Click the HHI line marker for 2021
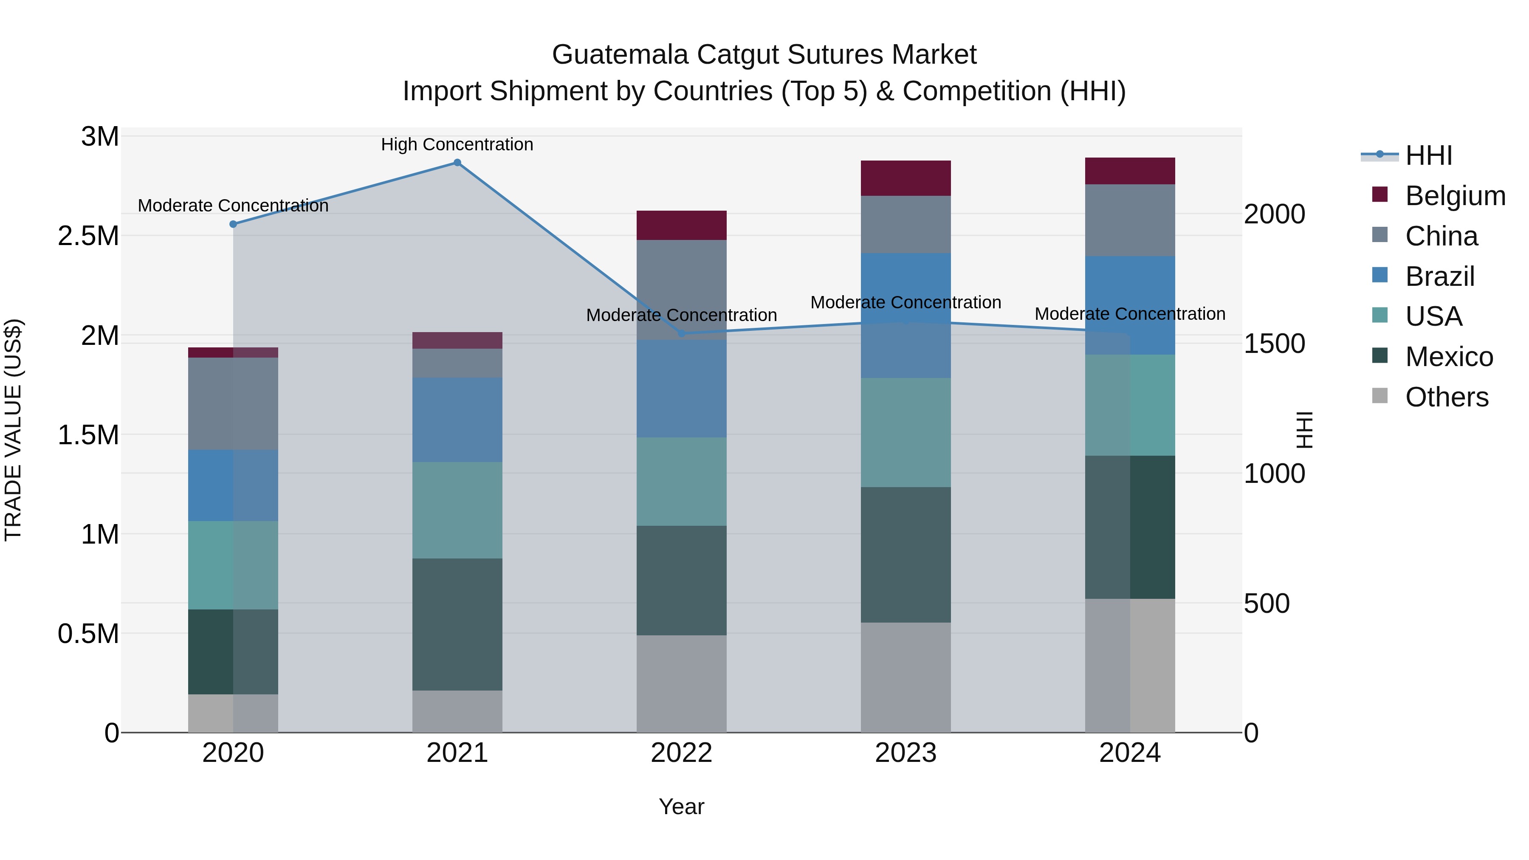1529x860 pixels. (x=457, y=163)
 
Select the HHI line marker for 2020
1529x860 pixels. (x=233, y=224)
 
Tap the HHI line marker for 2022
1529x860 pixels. (x=681, y=333)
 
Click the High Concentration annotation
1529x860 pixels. (x=457, y=145)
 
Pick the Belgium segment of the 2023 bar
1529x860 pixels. (x=906, y=178)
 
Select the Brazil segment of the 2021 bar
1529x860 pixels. (x=457, y=420)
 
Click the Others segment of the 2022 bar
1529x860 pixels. (x=681, y=684)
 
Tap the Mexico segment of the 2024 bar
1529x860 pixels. (x=1130, y=527)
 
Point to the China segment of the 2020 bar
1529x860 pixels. (x=233, y=403)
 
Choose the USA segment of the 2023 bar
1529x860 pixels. (x=906, y=433)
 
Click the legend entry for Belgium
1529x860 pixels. (x=1455, y=196)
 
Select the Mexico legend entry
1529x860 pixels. (x=1448, y=357)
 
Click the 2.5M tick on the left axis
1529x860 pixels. (x=88, y=236)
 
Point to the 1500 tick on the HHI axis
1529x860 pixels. (x=1274, y=344)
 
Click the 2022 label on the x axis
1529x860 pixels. (x=681, y=753)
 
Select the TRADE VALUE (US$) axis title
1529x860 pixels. (x=14, y=430)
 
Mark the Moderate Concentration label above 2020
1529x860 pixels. (x=233, y=206)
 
